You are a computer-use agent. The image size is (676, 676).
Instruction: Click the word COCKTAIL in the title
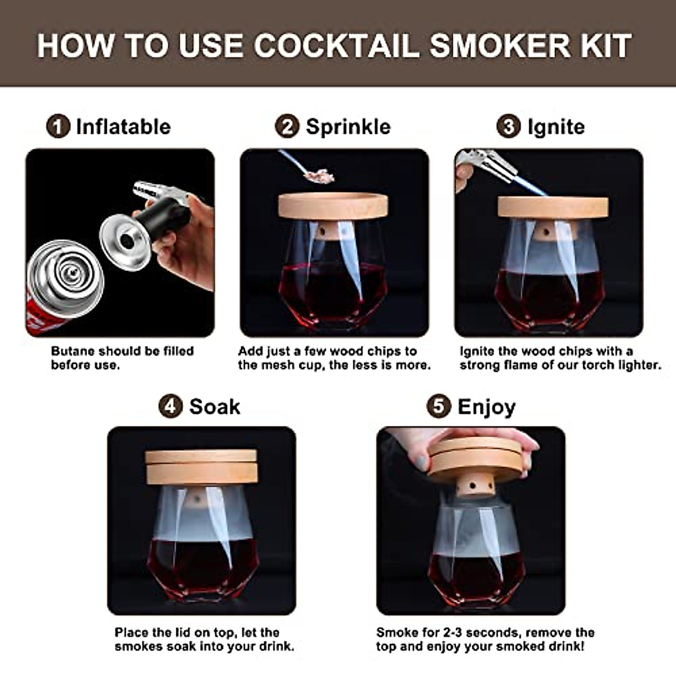pyautogui.click(x=336, y=46)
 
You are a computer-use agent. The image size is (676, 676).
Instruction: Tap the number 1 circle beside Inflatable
pyautogui.click(x=58, y=127)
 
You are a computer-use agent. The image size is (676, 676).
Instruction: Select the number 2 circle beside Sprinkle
pyautogui.click(x=287, y=127)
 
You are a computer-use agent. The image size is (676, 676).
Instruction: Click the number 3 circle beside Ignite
pyautogui.click(x=508, y=127)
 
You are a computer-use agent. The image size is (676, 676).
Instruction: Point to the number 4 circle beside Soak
pyautogui.click(x=170, y=407)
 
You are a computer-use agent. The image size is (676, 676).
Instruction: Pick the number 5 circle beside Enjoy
pyautogui.click(x=439, y=407)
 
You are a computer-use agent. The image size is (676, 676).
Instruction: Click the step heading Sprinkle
pyautogui.click(x=348, y=127)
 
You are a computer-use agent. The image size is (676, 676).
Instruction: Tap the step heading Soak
pyautogui.click(x=214, y=407)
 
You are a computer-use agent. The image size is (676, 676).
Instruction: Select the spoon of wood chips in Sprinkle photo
pyautogui.click(x=318, y=175)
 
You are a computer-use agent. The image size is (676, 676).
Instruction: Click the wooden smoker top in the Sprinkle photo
pyautogui.click(x=333, y=206)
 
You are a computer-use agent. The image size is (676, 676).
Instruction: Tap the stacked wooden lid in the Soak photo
pyautogui.click(x=201, y=466)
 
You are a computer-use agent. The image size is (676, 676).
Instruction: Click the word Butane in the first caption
pyautogui.click(x=72, y=351)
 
